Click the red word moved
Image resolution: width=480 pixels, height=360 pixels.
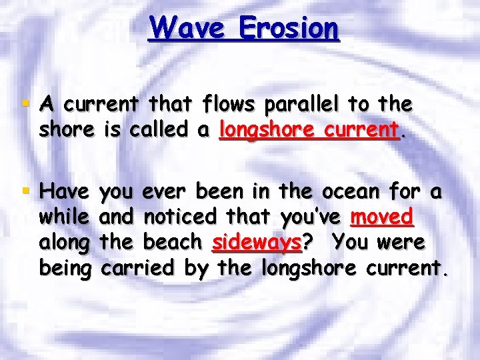383,217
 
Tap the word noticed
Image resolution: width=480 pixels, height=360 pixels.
180,217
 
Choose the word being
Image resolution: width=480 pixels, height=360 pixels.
64,268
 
